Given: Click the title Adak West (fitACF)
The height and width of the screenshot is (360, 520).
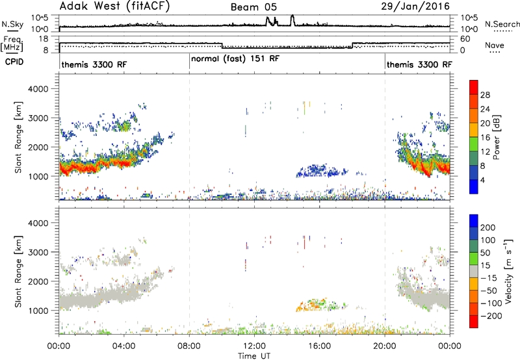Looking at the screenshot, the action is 115,6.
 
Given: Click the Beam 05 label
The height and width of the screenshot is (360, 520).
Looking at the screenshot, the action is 253,7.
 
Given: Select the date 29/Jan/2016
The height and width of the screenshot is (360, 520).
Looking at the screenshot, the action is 415,6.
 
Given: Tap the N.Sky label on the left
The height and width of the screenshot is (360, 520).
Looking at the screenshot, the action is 12,24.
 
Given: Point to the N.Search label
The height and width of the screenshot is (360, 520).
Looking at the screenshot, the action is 502,24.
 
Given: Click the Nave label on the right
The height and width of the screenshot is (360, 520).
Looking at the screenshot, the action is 495,45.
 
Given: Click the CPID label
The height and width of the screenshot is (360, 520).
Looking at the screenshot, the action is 14,62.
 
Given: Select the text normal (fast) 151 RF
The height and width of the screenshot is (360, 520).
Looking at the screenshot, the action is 235,59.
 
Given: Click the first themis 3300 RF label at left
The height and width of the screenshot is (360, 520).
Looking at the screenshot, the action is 94,64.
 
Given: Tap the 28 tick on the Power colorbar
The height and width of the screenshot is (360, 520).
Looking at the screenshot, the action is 485,95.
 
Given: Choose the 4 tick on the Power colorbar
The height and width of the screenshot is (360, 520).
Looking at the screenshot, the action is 482,180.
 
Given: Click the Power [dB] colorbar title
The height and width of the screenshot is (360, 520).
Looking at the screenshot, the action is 497,137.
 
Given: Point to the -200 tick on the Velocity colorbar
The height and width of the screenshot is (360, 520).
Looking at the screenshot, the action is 491,316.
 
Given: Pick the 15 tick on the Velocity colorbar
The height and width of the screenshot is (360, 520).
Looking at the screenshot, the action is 485,266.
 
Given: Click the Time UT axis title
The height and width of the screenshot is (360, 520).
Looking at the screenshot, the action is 254,356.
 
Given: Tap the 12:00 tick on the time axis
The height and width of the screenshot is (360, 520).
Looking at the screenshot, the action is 254,346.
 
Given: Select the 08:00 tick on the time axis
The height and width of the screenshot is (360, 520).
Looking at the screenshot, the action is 189,346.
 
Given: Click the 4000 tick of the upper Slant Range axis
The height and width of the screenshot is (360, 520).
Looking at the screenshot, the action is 38,89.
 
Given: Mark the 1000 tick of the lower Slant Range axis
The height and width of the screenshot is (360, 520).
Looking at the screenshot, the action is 38,311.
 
